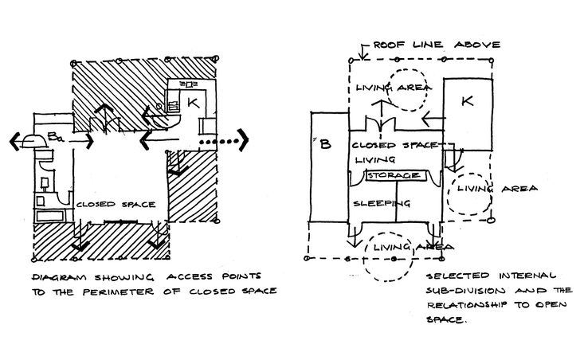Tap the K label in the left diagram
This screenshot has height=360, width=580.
192,102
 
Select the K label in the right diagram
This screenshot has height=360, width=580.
468,102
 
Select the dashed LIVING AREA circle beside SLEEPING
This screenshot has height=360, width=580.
471,191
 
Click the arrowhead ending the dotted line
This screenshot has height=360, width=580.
245,143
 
